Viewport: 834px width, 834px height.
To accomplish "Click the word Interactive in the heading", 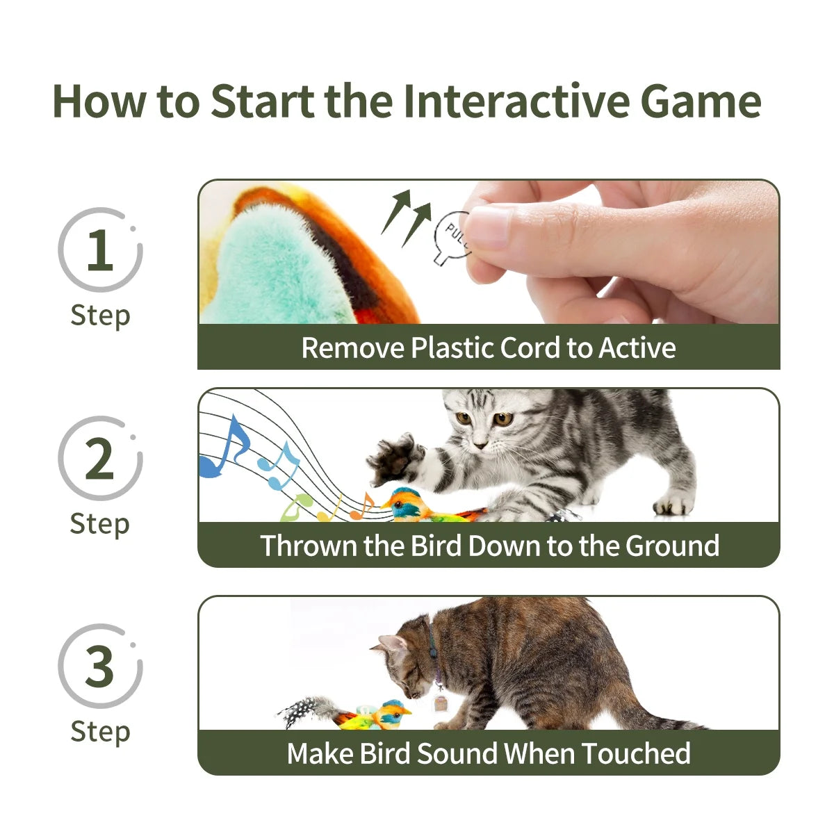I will pyautogui.click(x=515, y=101).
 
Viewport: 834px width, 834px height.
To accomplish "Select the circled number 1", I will pyautogui.click(x=99, y=250).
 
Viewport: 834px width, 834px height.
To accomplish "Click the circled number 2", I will pyautogui.click(x=99, y=459).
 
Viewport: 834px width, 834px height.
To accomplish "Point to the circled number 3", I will pyautogui.click(x=99, y=666).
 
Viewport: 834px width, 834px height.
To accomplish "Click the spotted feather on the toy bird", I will pyautogui.click(x=306, y=710).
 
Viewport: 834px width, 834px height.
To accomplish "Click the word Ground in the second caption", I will pyautogui.click(x=672, y=546).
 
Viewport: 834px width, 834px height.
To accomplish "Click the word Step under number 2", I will pyautogui.click(x=99, y=523).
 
